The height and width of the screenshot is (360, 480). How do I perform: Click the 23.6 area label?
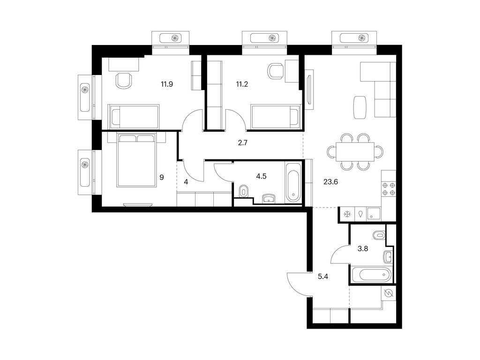click(x=330, y=182)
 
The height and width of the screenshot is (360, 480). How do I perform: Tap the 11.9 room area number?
click(x=167, y=84)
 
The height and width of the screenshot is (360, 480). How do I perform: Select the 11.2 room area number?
click(x=242, y=84)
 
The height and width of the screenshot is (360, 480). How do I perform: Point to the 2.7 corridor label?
click(x=242, y=142)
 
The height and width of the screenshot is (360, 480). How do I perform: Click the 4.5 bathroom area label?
click(x=261, y=176)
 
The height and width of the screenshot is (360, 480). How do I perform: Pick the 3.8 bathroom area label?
click(x=363, y=248)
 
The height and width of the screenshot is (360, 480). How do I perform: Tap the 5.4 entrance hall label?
click(x=323, y=277)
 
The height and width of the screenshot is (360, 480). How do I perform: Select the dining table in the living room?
click(x=355, y=151)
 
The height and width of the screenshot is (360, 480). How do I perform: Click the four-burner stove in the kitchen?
click(x=389, y=189)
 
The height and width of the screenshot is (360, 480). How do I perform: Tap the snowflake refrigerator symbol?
click(x=347, y=214)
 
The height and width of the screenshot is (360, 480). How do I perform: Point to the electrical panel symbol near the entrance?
click(x=389, y=293)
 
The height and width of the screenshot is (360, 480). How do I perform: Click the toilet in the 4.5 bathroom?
click(x=243, y=192)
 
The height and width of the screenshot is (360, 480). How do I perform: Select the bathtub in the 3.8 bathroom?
click(x=371, y=275)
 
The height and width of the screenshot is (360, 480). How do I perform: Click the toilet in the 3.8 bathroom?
click(x=379, y=236)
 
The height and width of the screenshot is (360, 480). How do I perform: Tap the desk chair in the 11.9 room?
click(x=124, y=80)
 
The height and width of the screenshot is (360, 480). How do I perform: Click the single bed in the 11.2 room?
click(x=275, y=116)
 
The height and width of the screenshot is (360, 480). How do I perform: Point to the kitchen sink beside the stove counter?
click(x=374, y=213)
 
